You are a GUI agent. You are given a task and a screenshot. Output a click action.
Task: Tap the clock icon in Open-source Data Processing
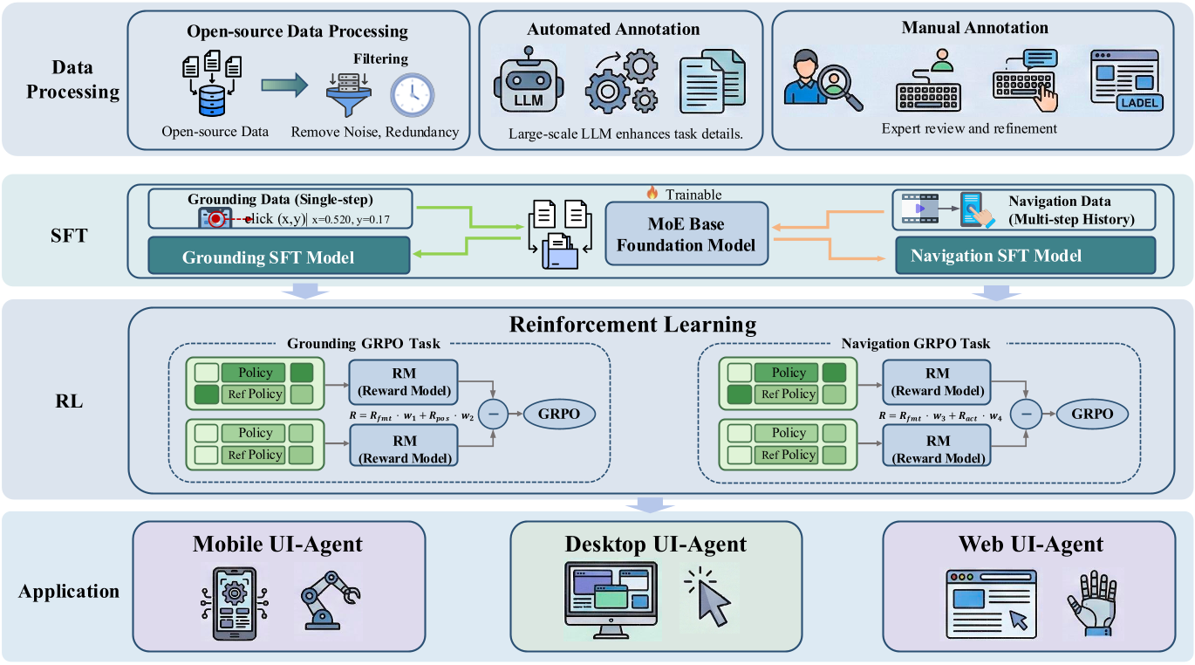click(412, 94)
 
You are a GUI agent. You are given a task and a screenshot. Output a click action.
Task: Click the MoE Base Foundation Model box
click(686, 233)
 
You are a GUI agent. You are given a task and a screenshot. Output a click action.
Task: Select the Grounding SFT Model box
click(279, 257)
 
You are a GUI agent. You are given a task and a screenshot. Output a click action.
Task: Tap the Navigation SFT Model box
click(996, 256)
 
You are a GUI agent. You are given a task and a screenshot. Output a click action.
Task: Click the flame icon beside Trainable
click(652, 194)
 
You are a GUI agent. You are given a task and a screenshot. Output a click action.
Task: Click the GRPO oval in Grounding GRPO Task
click(558, 414)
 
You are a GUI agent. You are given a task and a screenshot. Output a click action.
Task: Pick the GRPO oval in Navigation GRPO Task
click(1091, 414)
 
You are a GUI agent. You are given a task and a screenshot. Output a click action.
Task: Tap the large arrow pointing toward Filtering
click(285, 85)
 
